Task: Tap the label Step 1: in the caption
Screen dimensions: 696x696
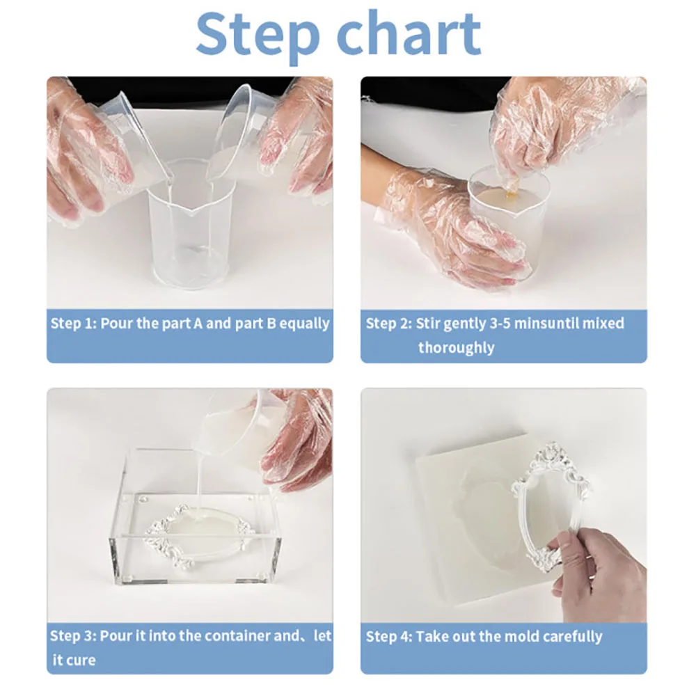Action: coord(73,323)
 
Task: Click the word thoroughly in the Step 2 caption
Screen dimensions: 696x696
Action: coord(457,347)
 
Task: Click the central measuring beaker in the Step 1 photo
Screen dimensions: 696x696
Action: coord(189,226)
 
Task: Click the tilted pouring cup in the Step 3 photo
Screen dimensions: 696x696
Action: coord(235,431)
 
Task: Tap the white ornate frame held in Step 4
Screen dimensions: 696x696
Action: coord(551,502)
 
